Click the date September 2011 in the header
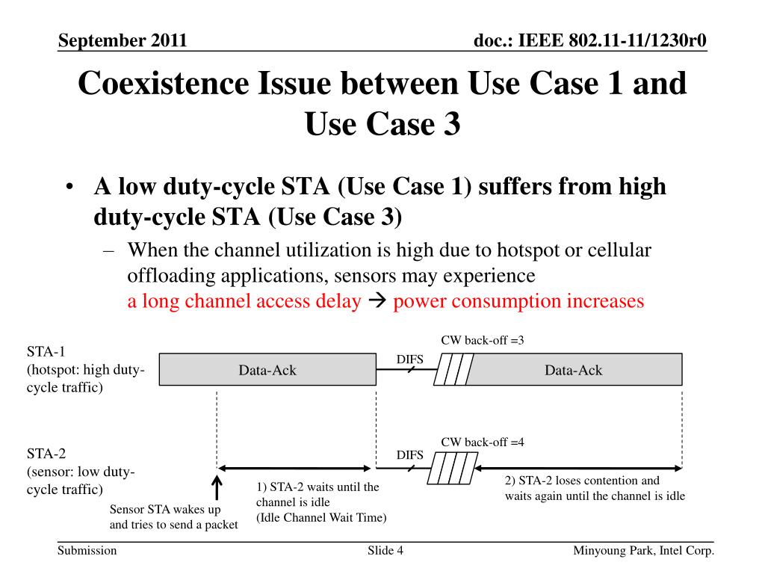click(x=123, y=40)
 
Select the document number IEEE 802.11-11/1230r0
click(x=590, y=40)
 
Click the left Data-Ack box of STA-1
click(x=267, y=370)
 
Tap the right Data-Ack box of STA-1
click(x=573, y=370)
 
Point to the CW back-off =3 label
click(x=482, y=341)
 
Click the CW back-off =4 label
click(x=482, y=442)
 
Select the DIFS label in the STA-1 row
click(x=409, y=359)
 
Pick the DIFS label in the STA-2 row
click(x=409, y=455)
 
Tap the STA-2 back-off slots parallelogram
click(x=452, y=469)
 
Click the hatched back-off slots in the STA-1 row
click(x=453, y=370)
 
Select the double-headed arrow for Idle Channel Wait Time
click(x=296, y=469)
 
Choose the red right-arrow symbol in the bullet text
click(x=377, y=302)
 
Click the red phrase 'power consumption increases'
click(x=518, y=301)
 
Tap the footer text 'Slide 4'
click(x=385, y=552)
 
